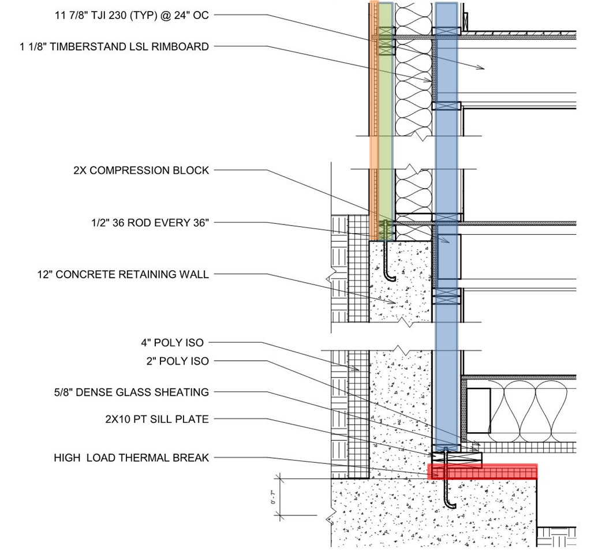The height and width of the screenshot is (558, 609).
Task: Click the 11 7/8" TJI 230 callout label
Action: coord(132,16)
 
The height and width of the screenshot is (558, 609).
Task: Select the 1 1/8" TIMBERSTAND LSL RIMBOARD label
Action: coord(114,47)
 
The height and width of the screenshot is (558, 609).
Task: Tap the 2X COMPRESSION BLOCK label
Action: coord(141,170)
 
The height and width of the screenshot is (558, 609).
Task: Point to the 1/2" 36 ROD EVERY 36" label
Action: coord(150,223)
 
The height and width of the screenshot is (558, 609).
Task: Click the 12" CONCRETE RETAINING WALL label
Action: coord(123,275)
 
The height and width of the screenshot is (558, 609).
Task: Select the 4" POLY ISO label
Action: coord(172,343)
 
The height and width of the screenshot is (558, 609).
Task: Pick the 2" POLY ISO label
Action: coord(177,361)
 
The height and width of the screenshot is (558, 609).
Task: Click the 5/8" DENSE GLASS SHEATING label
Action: coord(132,392)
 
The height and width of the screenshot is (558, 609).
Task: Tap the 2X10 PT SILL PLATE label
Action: coord(157,420)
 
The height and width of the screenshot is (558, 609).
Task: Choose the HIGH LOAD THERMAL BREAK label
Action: coord(132,458)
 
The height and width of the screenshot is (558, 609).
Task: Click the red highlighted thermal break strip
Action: coord(483,472)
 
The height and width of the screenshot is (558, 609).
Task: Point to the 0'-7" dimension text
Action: coord(274,497)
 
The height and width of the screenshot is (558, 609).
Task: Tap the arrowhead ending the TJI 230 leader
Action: coord(481,68)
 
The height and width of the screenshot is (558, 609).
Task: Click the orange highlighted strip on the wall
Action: coord(373,121)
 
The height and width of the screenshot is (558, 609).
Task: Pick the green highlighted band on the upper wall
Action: coord(386,121)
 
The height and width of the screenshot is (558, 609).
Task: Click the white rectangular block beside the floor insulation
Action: coord(479,411)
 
